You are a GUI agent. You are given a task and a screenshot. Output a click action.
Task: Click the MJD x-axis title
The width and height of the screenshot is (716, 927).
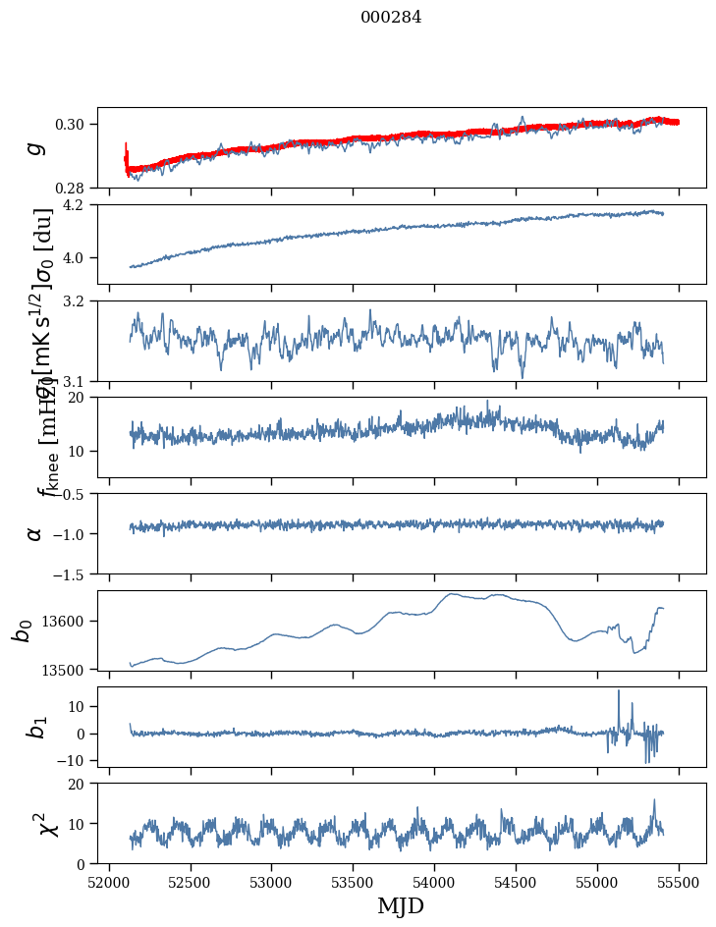coord(401,905)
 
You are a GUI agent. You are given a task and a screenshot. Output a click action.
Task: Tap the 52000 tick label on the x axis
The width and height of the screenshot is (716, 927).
coord(109,881)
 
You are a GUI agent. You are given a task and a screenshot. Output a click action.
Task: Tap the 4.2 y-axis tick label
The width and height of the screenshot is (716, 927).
coord(81,205)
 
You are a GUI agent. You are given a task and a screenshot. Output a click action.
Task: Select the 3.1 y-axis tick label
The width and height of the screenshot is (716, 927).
coord(81,381)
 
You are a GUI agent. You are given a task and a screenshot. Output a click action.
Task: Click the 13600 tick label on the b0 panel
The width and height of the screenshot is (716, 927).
coord(69,621)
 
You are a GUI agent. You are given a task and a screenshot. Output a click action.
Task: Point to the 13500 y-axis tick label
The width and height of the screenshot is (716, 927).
coord(69,670)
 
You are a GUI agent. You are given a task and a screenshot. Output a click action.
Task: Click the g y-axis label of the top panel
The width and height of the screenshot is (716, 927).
coord(35,147)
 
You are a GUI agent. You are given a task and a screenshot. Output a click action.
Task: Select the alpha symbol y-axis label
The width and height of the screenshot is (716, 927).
coord(35,533)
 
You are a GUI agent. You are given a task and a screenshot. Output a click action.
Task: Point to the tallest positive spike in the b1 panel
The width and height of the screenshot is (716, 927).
coord(619,691)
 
